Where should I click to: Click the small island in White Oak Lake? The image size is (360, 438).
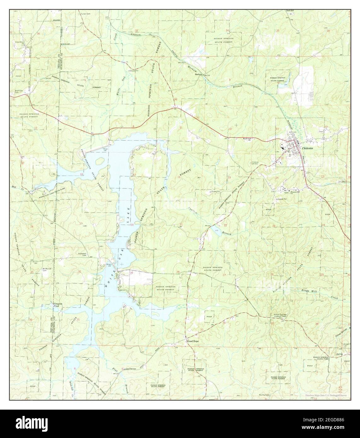(100, 161)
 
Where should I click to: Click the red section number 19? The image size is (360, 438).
(81, 223)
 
